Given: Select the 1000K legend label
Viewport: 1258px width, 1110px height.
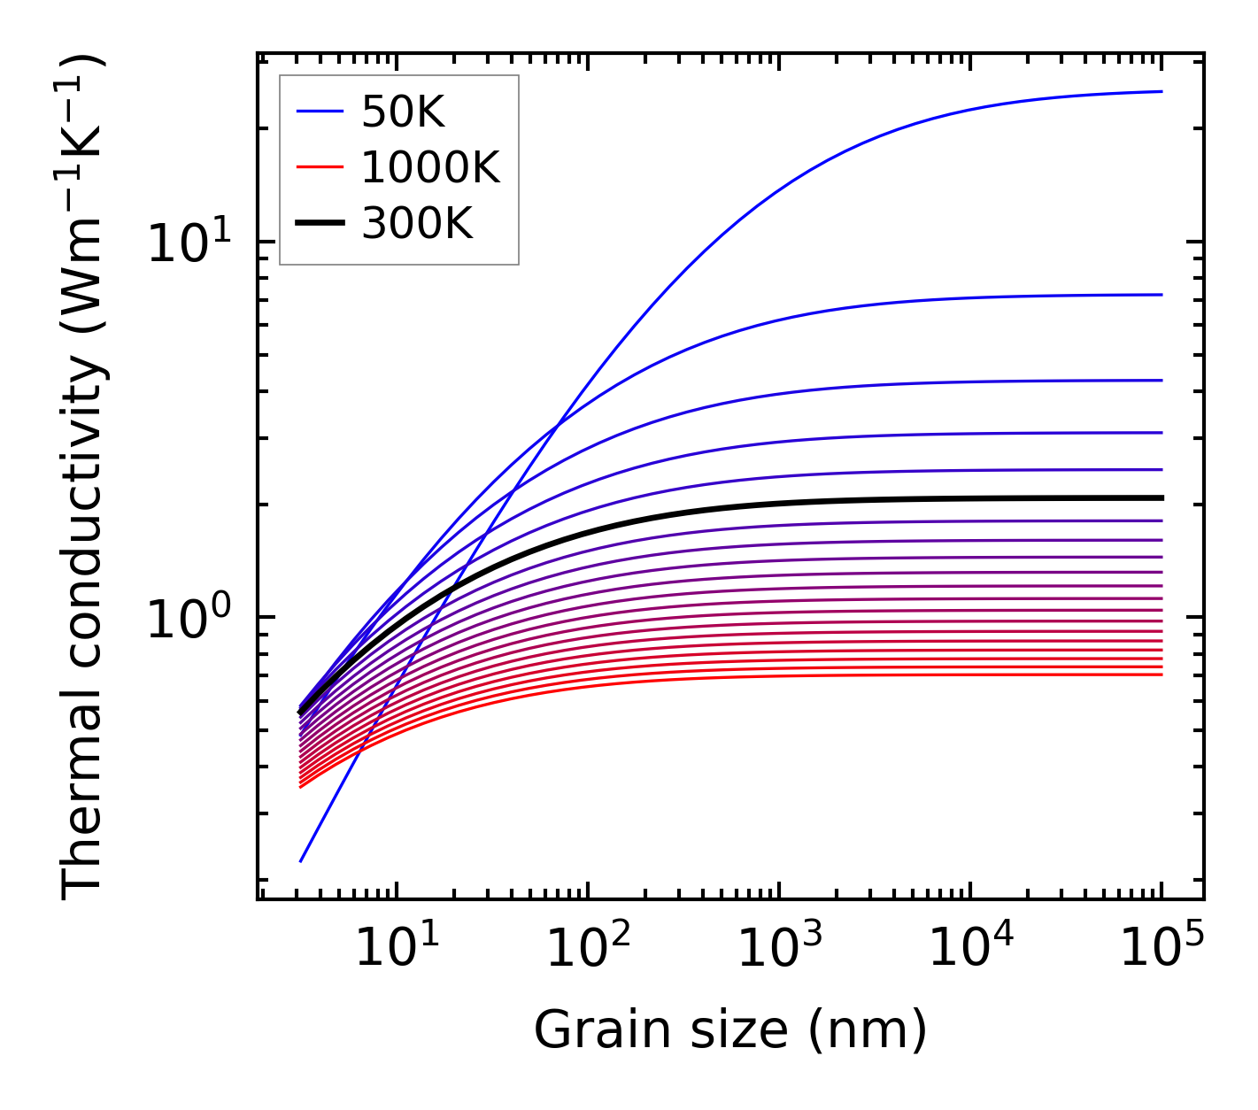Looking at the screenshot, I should click(x=430, y=167).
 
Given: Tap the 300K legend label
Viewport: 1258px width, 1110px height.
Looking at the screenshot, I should click(x=417, y=224).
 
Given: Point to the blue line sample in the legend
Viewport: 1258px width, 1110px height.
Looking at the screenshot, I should click(x=319, y=112).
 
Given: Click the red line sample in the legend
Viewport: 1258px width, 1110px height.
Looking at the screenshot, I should click(x=319, y=167).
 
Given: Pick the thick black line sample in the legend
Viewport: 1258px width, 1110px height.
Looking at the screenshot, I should click(x=319, y=224).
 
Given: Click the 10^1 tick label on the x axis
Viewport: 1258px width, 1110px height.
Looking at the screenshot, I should click(x=396, y=949).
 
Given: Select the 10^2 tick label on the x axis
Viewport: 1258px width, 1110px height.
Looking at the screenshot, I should click(x=588, y=949).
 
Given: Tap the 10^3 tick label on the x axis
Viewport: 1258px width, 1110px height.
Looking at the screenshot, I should click(x=779, y=949).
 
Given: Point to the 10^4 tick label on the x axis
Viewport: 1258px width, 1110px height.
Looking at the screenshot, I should click(x=970, y=949).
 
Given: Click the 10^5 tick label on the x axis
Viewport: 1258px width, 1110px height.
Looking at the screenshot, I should click(x=1162, y=949).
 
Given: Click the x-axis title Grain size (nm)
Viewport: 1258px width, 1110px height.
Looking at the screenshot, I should click(x=730, y=1030).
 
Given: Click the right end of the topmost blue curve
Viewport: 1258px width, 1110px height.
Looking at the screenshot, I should click(x=1161, y=91).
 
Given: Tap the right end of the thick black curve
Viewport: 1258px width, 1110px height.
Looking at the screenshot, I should click(x=1161, y=498).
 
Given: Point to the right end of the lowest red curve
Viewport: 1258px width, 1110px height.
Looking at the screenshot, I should click(x=1161, y=675).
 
